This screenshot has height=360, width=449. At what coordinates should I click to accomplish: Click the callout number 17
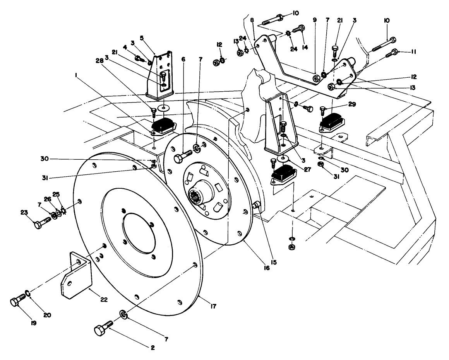point(213,306)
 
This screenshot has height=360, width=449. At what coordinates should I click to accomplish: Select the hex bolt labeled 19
point(17,300)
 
